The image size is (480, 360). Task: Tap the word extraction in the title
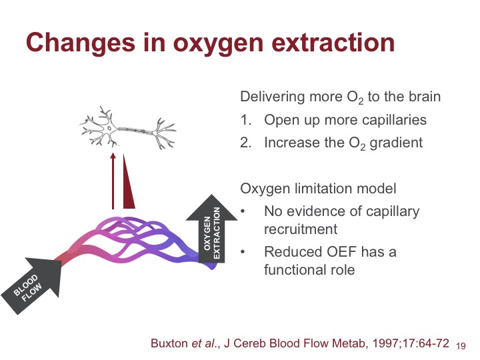point(333,42)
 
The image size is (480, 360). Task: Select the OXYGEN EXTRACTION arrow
point(211,229)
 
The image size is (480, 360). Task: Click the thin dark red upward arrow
point(113,181)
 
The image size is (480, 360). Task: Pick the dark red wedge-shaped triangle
point(128,181)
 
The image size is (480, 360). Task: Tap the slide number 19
point(461,346)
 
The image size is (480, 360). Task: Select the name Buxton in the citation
point(169,343)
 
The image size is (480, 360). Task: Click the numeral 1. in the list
point(246,120)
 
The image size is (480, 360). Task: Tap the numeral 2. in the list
point(246,143)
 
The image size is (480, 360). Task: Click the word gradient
point(396,143)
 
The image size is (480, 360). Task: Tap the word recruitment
point(301,229)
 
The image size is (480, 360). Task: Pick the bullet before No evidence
point(243,211)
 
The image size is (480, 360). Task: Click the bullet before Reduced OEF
point(243,252)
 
